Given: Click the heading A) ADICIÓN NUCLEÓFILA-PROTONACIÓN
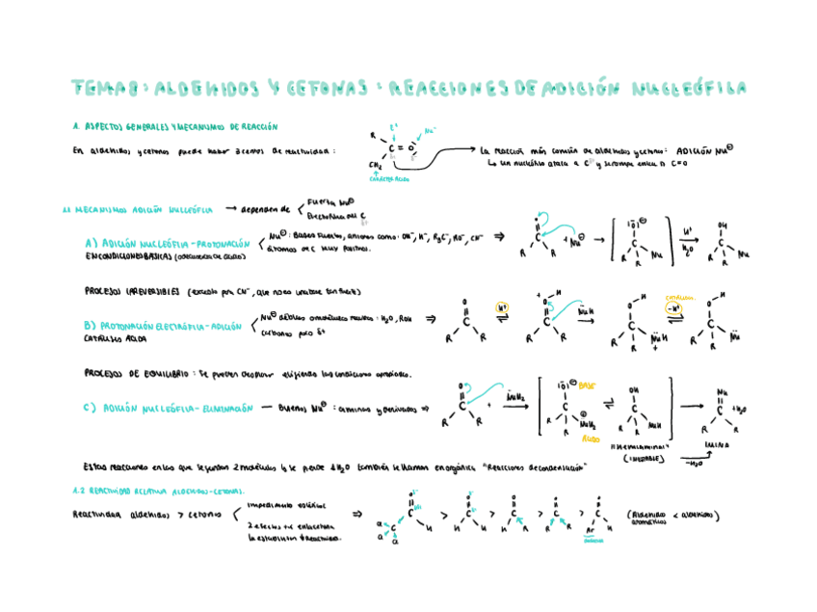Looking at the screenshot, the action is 174,245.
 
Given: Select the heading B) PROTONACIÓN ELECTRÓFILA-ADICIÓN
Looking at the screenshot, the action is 164,327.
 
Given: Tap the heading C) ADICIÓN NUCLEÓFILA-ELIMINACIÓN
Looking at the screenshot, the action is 169,408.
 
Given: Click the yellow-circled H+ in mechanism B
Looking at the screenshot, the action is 502,308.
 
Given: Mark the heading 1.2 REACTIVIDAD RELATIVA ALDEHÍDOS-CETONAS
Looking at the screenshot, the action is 158,491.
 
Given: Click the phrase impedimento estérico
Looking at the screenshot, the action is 286,505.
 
